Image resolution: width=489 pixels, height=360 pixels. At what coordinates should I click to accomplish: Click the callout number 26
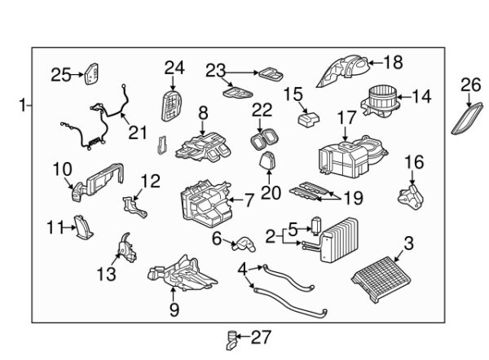(x=471, y=84)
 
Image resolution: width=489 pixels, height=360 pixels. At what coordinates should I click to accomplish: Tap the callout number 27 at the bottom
(x=261, y=336)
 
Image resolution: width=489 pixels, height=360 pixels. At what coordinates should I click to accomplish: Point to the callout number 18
(x=393, y=60)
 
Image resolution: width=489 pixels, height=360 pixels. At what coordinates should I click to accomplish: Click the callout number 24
(x=174, y=67)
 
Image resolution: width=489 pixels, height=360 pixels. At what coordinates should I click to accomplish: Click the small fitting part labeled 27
(x=233, y=336)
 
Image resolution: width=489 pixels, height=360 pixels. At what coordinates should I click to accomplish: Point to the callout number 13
(x=108, y=274)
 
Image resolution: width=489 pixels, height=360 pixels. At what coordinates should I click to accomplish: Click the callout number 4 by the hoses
(x=243, y=268)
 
